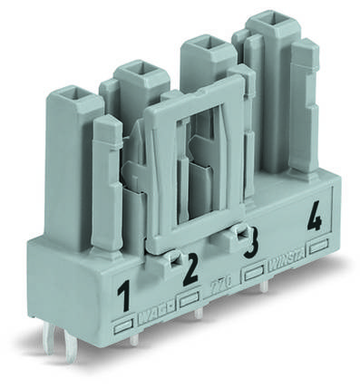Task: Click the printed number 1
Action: (124, 295)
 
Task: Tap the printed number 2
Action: (190, 271)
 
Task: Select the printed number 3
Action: (251, 243)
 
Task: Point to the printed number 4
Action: (314, 218)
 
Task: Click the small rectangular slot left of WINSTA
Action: (255, 272)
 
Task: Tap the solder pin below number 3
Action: (263, 286)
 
